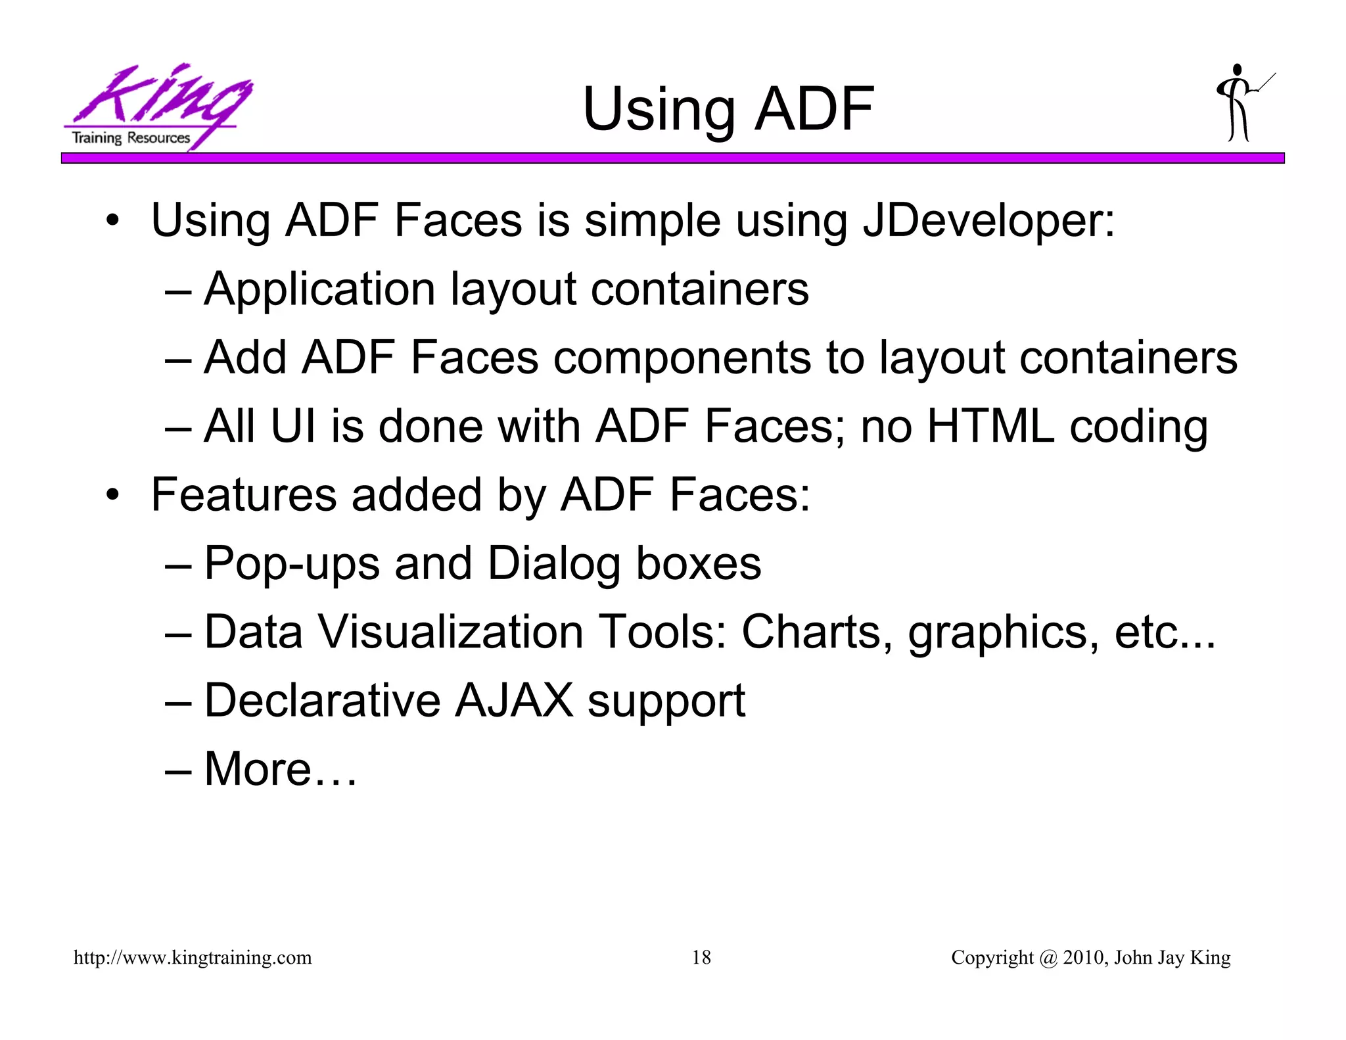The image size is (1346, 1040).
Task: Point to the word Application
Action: point(319,289)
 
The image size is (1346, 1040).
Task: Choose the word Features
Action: point(243,495)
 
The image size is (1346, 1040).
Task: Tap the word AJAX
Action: point(513,701)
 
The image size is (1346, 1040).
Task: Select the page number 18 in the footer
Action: point(701,958)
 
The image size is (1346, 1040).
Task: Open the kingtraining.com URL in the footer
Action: point(193,958)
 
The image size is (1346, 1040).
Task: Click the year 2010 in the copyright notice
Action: point(1083,958)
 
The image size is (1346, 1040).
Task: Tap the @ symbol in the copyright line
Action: point(1048,958)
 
